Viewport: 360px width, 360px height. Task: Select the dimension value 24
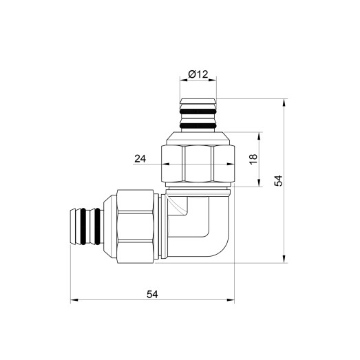[x=140, y=158]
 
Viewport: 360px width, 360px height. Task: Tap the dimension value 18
[x=253, y=159]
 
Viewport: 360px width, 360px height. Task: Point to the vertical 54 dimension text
[x=278, y=180]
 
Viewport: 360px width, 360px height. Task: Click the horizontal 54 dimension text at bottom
[x=152, y=294]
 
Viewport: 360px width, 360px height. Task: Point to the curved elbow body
[x=207, y=227]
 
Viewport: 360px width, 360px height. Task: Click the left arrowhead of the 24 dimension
[x=165, y=164]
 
